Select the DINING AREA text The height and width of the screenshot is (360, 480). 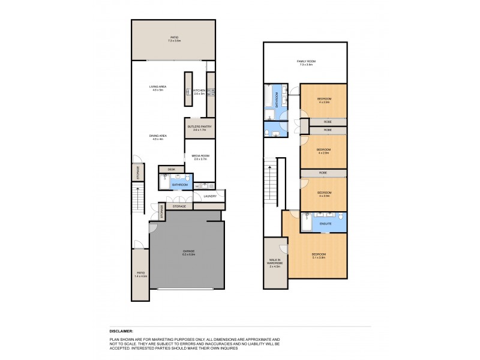click(x=158, y=137)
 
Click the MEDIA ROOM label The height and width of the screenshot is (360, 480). click(x=199, y=157)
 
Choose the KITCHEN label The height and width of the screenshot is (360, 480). click(x=199, y=92)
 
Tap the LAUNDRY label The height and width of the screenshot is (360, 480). click(x=209, y=196)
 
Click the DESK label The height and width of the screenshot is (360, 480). click(x=172, y=169)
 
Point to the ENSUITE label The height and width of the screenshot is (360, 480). click(x=326, y=224)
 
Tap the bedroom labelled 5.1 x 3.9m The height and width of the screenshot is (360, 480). click(x=318, y=256)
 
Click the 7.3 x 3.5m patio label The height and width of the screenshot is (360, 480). click(x=174, y=40)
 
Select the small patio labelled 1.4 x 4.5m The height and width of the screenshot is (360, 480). click(x=140, y=274)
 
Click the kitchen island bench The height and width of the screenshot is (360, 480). click(x=188, y=90)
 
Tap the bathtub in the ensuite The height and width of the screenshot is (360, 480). click(x=305, y=223)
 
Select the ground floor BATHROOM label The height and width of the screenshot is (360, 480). click(x=180, y=185)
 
